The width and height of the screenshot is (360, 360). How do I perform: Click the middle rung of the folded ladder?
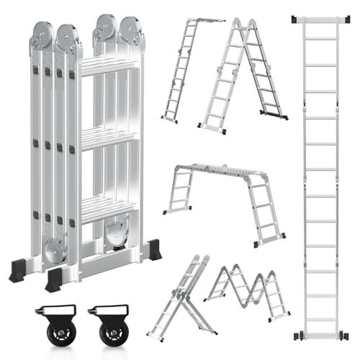[108, 138]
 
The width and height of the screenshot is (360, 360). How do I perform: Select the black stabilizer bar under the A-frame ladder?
[274, 114]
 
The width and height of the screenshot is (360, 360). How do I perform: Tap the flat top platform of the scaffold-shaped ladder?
[223, 170]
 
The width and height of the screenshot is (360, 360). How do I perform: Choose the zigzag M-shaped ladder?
[248, 292]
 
